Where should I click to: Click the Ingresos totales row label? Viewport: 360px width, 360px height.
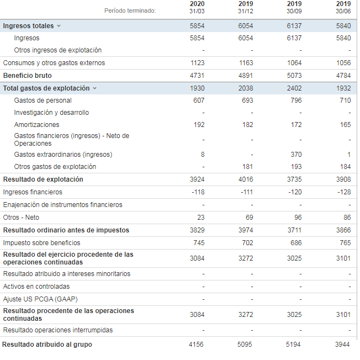tap(28, 26)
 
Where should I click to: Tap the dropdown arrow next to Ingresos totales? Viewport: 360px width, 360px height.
tap(59, 26)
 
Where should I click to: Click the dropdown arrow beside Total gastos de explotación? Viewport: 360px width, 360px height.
tap(94, 88)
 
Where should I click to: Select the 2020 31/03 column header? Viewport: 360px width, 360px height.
tap(197, 7)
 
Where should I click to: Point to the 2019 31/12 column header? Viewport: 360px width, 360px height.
tap(245, 7)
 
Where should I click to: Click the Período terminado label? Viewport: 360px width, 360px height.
tap(130, 10)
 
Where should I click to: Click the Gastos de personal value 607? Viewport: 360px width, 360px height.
tap(199, 100)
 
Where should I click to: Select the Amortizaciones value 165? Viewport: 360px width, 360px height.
tap(345, 125)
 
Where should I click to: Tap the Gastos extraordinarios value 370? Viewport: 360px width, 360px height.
tap(295, 155)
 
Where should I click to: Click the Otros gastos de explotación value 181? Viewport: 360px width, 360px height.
tap(247, 167)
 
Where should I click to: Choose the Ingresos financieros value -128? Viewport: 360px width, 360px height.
tap(343, 192)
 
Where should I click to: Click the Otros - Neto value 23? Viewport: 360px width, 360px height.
tap(200, 218)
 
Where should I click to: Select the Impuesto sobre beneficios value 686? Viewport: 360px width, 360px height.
tap(295, 243)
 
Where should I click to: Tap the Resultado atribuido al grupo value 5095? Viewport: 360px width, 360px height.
tap(245, 345)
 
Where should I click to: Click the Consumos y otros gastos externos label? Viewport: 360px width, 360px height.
tap(54, 63)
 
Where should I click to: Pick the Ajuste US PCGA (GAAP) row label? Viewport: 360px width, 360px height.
tap(40, 299)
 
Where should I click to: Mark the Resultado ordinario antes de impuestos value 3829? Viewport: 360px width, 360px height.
tap(197, 230)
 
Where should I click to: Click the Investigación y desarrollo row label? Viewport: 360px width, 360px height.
tap(51, 113)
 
